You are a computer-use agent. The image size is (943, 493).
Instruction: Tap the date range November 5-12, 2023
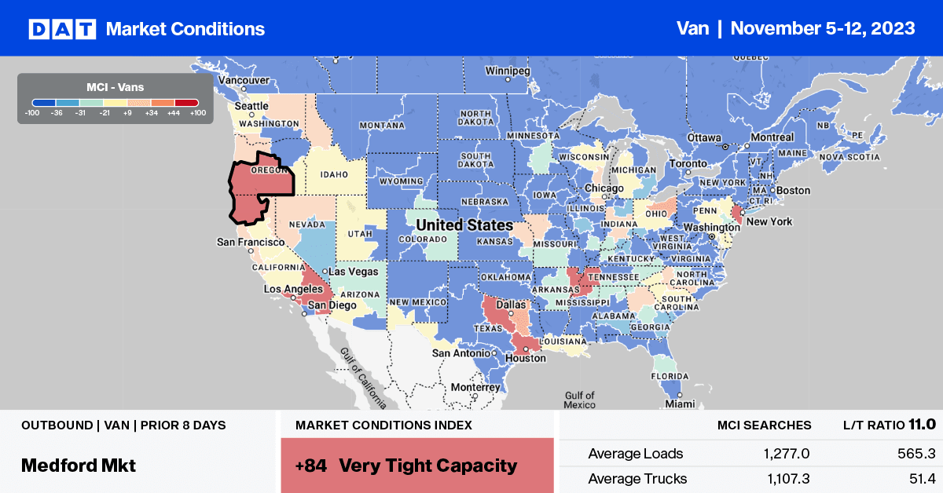(823, 28)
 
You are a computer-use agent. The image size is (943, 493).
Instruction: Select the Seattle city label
(251, 106)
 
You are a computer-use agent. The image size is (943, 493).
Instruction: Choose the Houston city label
(526, 358)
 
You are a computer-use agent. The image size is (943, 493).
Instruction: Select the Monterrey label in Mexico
(475, 387)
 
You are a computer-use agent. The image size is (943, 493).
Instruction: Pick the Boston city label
(792, 190)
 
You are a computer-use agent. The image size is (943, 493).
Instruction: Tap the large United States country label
(464, 225)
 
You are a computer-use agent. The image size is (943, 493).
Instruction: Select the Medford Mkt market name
(79, 465)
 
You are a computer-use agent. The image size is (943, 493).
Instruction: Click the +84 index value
(311, 466)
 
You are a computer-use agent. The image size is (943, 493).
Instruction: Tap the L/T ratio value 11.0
(920, 425)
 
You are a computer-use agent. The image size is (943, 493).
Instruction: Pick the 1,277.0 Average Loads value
(786, 454)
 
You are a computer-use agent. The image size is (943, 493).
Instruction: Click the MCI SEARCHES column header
(764, 425)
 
